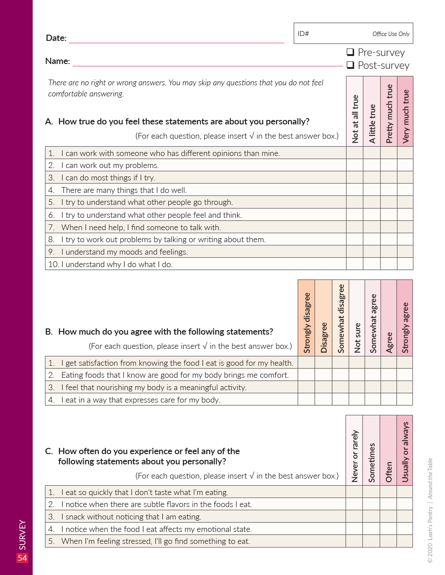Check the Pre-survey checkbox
pyautogui.click(x=350, y=52)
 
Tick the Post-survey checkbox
pyautogui.click(x=350, y=65)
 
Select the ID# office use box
pyautogui.click(x=353, y=34)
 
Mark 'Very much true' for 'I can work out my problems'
pyautogui.click(x=405, y=165)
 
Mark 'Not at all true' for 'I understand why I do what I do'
pyautogui.click(x=355, y=264)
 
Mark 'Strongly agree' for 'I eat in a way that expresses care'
pyautogui.click(x=405, y=399)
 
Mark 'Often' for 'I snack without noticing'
pyautogui.click(x=388, y=516)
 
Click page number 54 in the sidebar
pyautogui.click(x=22, y=558)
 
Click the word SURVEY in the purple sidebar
pyautogui.click(x=22, y=535)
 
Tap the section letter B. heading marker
pyautogui.click(x=49, y=331)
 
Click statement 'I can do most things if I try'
pyautogui.click(x=108, y=178)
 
